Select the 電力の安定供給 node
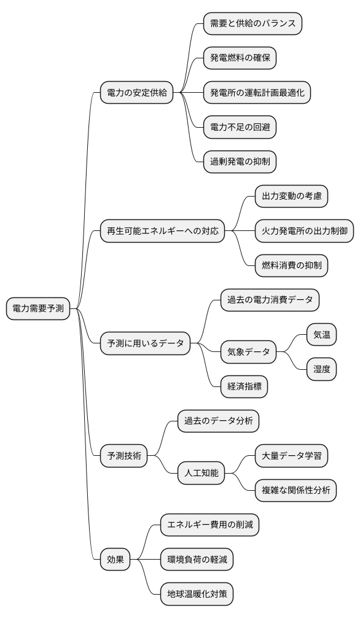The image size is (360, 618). pyautogui.click(x=137, y=93)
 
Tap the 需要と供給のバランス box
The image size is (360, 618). pyautogui.click(x=253, y=24)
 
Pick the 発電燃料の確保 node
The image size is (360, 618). pyautogui.click(x=240, y=58)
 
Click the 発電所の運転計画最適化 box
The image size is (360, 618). pyautogui.click(x=257, y=93)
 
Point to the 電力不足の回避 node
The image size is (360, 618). pyautogui.click(x=240, y=128)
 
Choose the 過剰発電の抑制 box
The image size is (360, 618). pyautogui.click(x=240, y=162)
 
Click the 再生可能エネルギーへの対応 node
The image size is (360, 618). pyautogui.click(x=163, y=232)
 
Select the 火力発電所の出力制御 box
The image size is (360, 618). pyautogui.click(x=305, y=232)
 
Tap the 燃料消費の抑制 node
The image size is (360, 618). pyautogui.click(x=291, y=266)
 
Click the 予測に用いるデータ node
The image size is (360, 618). pyautogui.click(x=146, y=343)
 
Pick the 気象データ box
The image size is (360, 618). pyautogui.click(x=249, y=353)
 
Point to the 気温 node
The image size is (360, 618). pyautogui.click(x=322, y=335)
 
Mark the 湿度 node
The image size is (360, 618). pyautogui.click(x=322, y=370)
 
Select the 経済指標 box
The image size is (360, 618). pyautogui.click(x=244, y=387)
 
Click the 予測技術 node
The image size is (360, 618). pyautogui.click(x=124, y=456)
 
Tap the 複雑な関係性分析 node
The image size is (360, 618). pyautogui.click(x=295, y=490)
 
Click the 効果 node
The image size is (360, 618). pyautogui.click(x=115, y=560)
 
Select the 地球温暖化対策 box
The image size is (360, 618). pyautogui.click(x=197, y=594)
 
